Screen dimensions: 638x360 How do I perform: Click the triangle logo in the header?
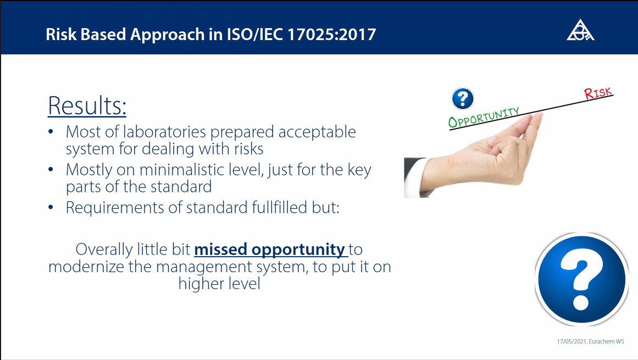coord(581,31)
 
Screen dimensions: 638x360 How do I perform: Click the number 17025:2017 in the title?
coord(331,34)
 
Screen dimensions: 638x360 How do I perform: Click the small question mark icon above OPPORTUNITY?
coord(463,99)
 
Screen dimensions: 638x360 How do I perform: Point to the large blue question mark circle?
coord(582,279)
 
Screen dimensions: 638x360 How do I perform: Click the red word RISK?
coord(598,93)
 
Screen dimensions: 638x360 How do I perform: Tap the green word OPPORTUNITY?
coord(484,118)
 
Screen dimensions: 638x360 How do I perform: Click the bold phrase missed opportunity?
coord(269,250)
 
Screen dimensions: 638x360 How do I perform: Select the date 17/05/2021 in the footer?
coord(572,341)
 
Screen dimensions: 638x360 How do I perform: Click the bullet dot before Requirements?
coord(51,207)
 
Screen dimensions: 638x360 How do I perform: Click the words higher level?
coord(219,284)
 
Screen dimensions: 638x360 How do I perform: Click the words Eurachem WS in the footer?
coord(607,341)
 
